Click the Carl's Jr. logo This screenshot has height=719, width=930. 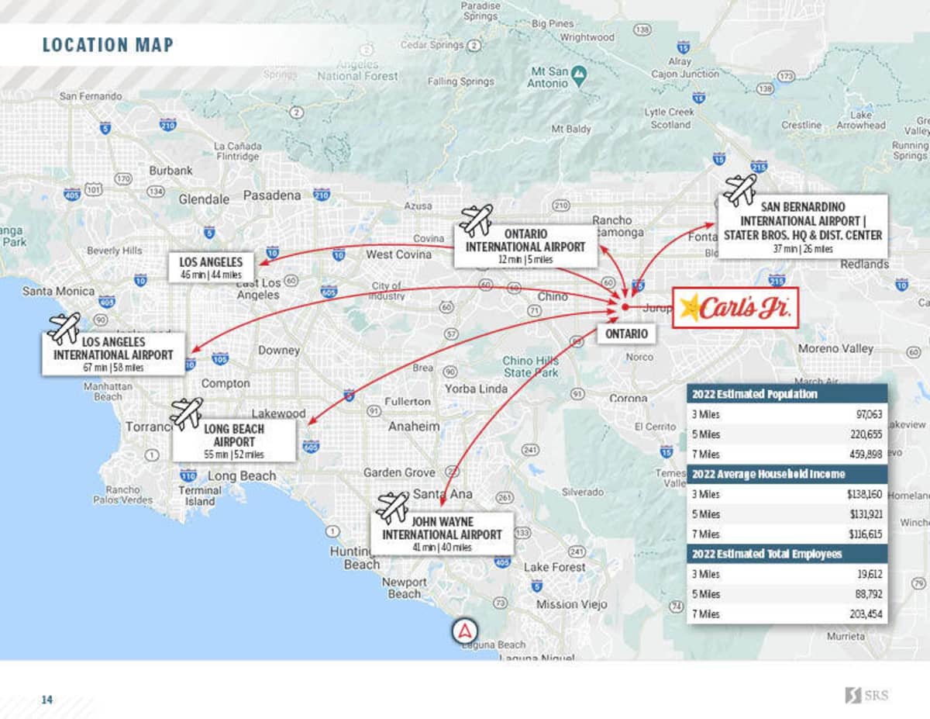pyautogui.click(x=735, y=308)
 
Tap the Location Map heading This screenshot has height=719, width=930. pyautogui.click(x=108, y=45)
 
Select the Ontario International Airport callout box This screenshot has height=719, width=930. pyautogui.click(x=525, y=246)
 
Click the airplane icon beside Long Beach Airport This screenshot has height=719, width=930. pyautogui.click(x=186, y=413)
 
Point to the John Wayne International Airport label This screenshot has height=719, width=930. pyautogui.click(x=442, y=534)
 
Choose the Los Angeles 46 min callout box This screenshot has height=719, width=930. pyautogui.click(x=211, y=268)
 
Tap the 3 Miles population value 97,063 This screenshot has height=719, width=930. pyautogui.click(x=865, y=414)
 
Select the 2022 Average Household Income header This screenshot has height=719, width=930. pyautogui.click(x=767, y=474)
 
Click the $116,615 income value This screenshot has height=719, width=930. pyautogui.click(x=864, y=534)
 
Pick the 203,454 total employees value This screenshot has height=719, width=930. pyautogui.click(x=863, y=614)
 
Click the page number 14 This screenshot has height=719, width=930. pyautogui.click(x=47, y=700)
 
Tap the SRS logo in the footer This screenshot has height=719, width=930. pyautogui.click(x=866, y=695)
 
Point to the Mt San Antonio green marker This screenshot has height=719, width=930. pyautogui.click(x=578, y=73)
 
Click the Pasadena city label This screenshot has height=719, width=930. pyautogui.click(x=272, y=195)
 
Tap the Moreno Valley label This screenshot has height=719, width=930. pyautogui.click(x=835, y=349)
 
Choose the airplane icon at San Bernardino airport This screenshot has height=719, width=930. pyautogui.click(x=739, y=188)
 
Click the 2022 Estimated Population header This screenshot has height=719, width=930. pyautogui.click(x=754, y=394)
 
